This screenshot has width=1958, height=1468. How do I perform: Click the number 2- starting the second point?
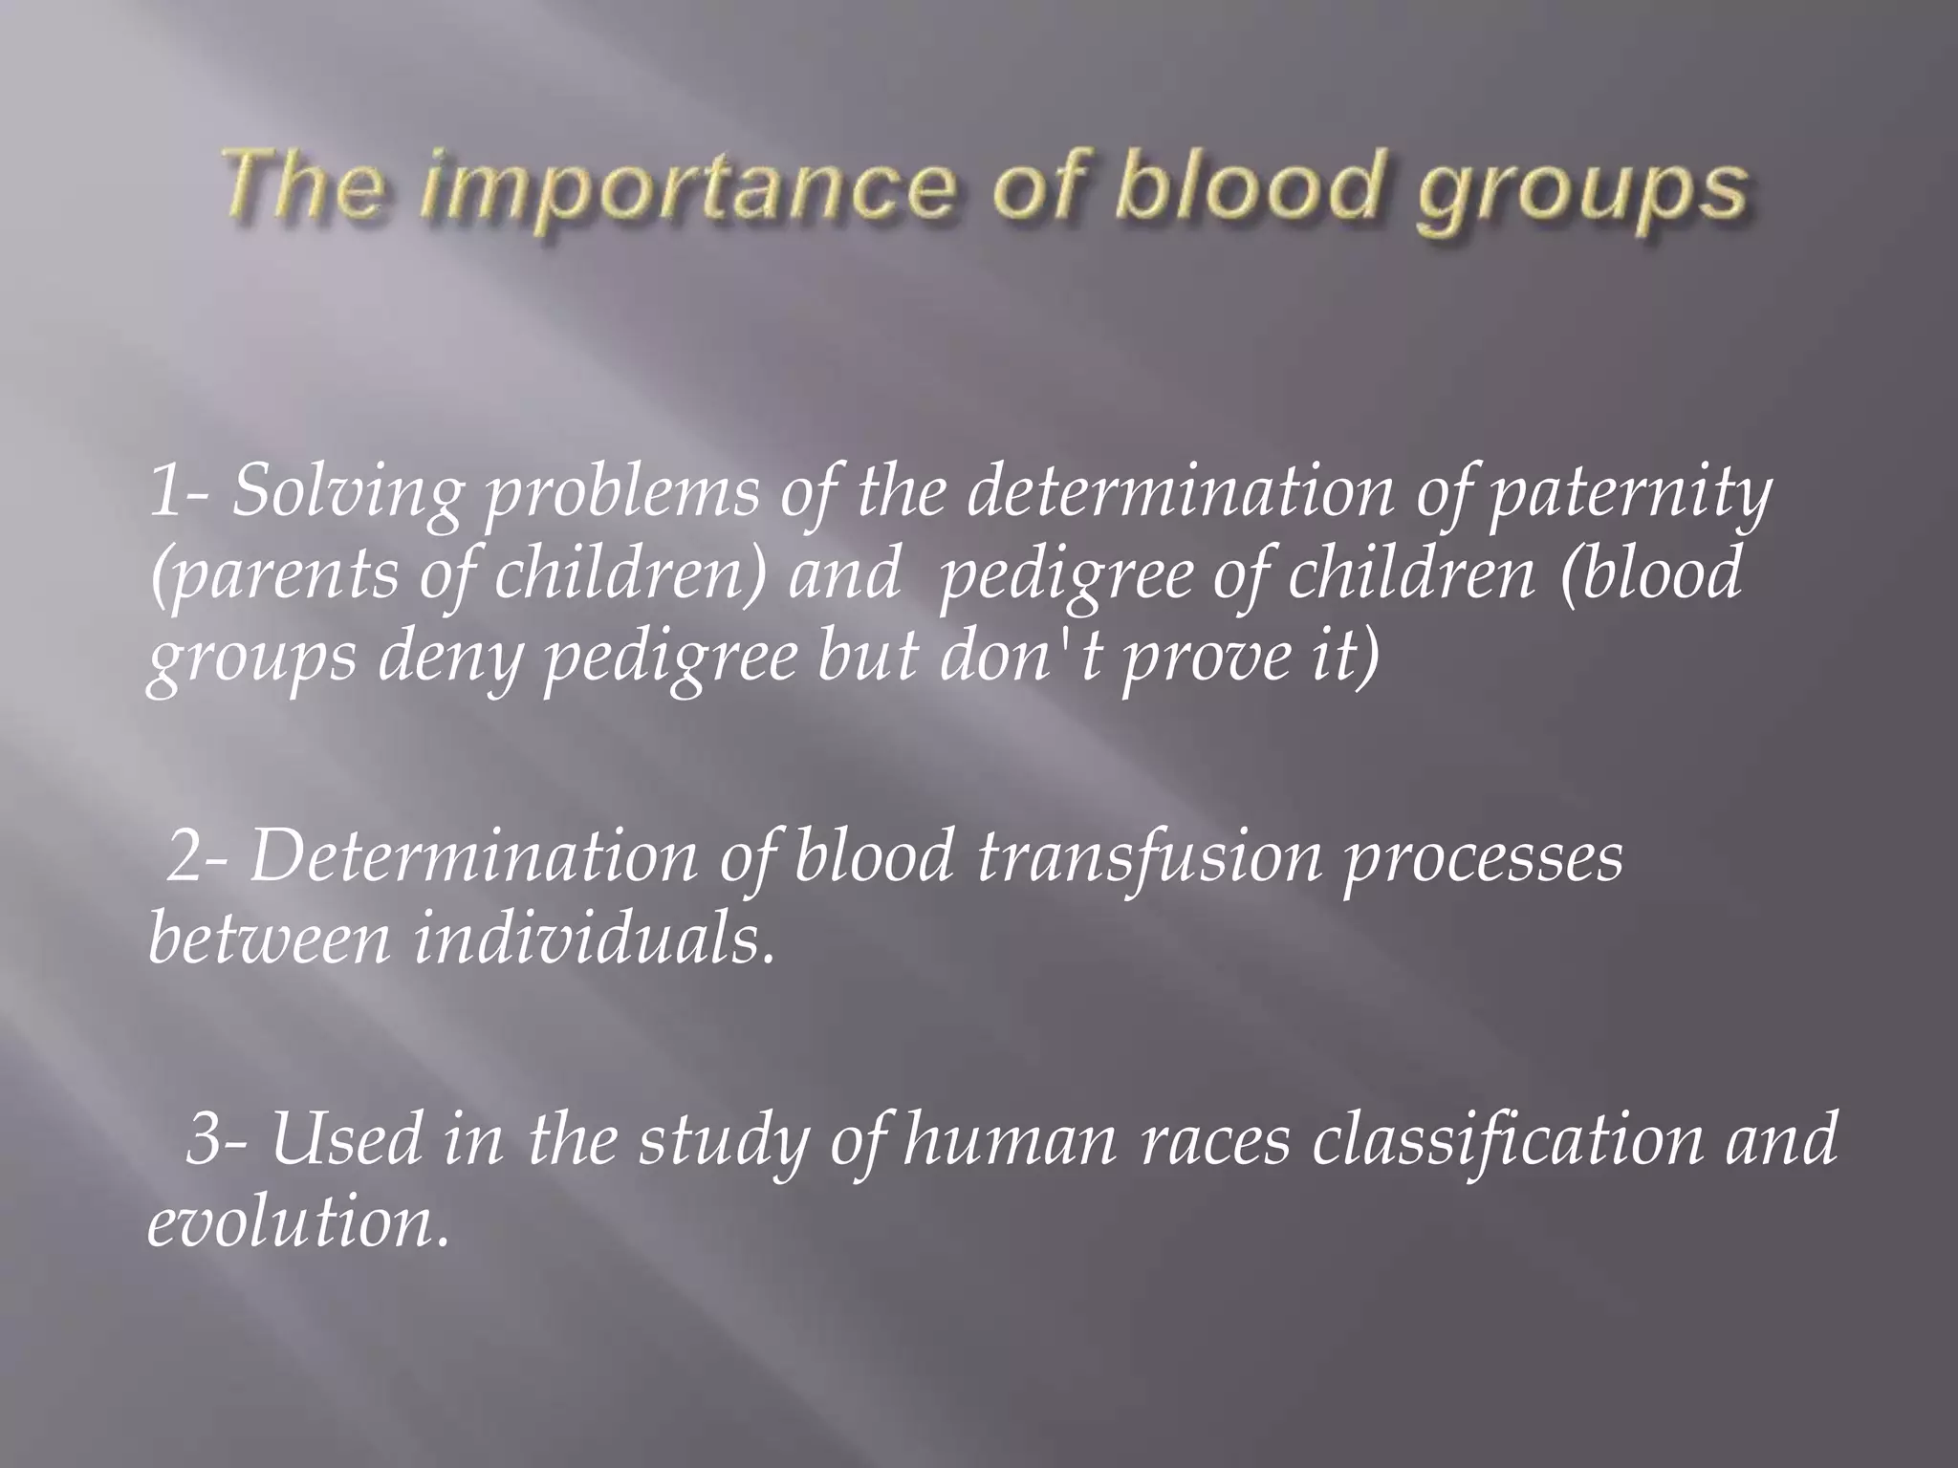(x=198, y=857)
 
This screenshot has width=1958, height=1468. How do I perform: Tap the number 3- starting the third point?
(x=216, y=1141)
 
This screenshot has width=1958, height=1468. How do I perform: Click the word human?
(x=1009, y=1141)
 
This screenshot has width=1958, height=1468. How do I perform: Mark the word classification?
(x=1508, y=1141)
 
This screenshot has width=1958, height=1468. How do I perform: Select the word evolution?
(x=296, y=1223)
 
